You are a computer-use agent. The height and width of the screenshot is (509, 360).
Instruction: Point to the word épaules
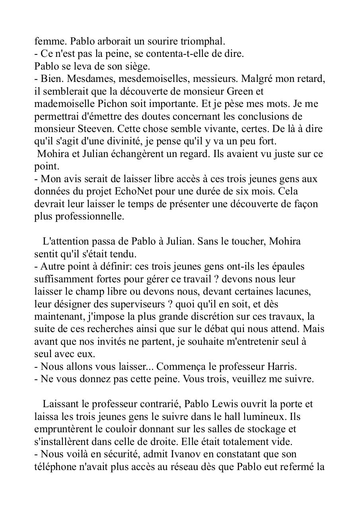point(287,267)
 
